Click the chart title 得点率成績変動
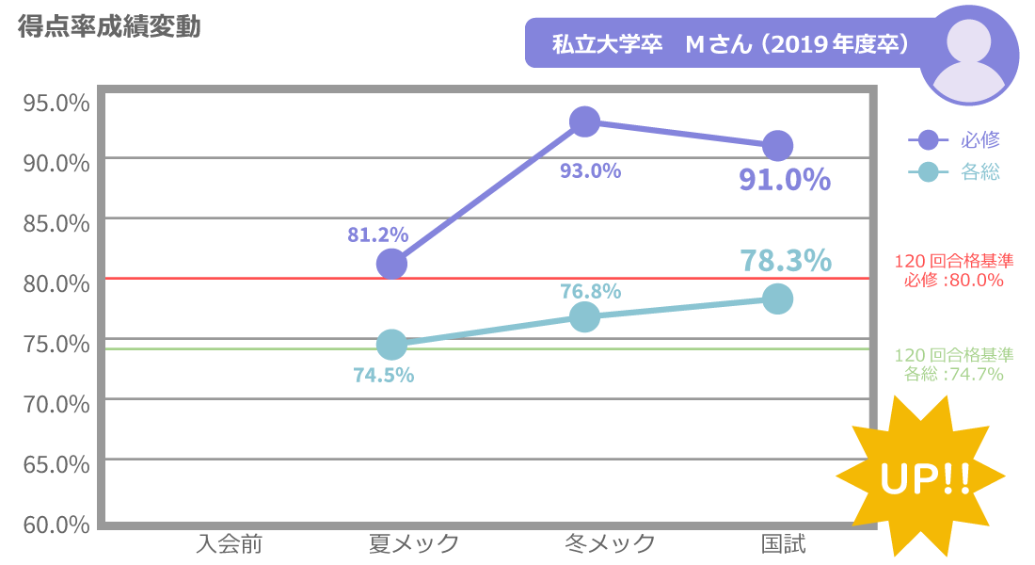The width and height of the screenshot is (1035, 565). point(109,27)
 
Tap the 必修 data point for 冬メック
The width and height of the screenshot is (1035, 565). point(584,121)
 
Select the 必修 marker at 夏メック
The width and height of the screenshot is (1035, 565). point(391,265)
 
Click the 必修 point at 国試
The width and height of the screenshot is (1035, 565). point(777,146)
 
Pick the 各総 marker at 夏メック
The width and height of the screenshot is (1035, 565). point(391,345)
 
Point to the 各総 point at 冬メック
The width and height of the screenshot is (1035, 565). point(584,317)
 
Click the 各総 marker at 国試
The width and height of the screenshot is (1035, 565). point(777,299)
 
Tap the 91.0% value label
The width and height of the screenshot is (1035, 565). point(785,179)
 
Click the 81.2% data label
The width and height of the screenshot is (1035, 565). point(377,234)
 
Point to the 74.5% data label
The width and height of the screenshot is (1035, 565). point(384,375)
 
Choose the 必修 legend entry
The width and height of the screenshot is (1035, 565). point(954,140)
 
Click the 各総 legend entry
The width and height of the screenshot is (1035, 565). point(954,172)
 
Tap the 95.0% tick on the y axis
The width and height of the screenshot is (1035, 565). point(56,102)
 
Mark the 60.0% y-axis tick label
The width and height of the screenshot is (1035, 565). point(56,524)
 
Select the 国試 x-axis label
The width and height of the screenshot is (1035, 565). point(783,543)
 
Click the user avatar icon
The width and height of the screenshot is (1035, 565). point(968,55)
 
